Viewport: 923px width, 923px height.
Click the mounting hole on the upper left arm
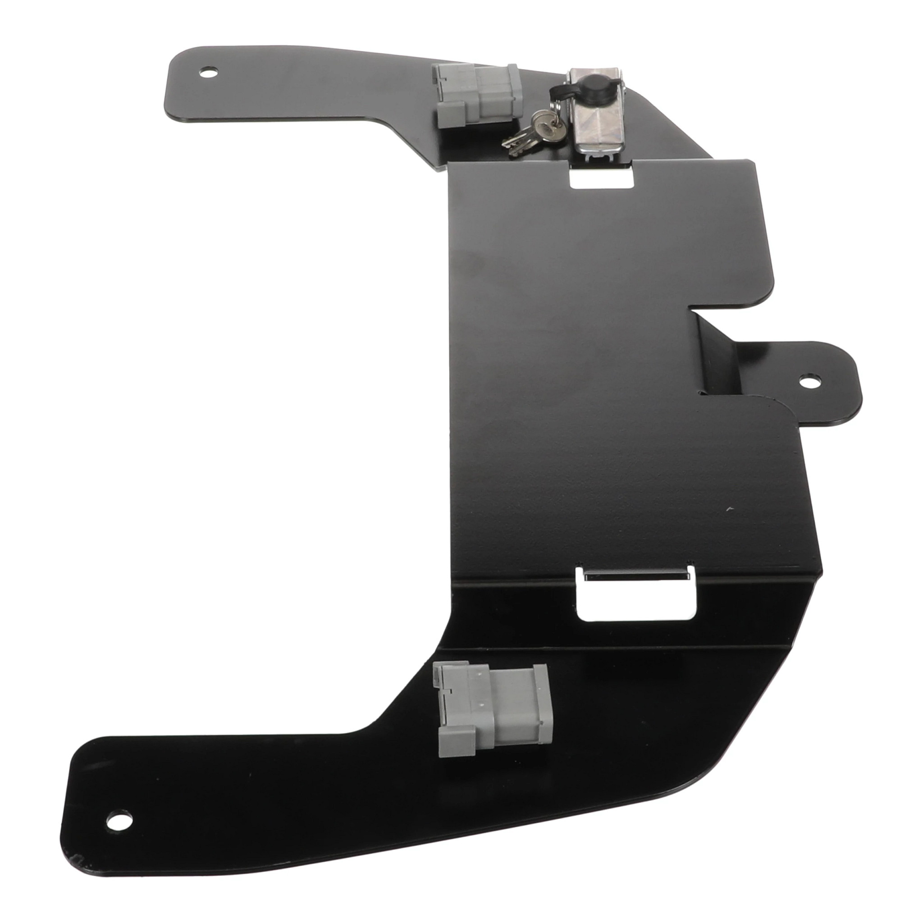coord(208,73)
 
